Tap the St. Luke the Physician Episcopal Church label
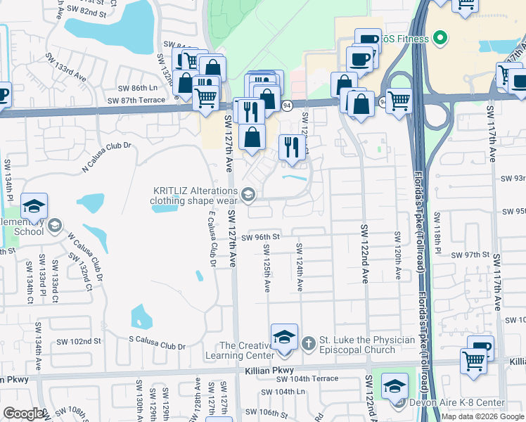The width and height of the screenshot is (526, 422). coord(367,345)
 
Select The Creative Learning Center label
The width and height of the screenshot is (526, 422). coord(245,350)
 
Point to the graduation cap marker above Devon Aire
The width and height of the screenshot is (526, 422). coord(394,385)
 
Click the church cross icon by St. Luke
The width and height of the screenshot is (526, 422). coord(307,343)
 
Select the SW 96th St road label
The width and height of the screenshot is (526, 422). coord(260,237)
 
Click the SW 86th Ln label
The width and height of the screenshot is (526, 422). coord(137,88)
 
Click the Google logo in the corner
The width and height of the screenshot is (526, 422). coord(23,414)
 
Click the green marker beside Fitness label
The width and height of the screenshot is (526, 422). coord(441,38)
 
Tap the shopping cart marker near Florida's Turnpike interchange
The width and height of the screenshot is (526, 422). coord(398,101)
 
